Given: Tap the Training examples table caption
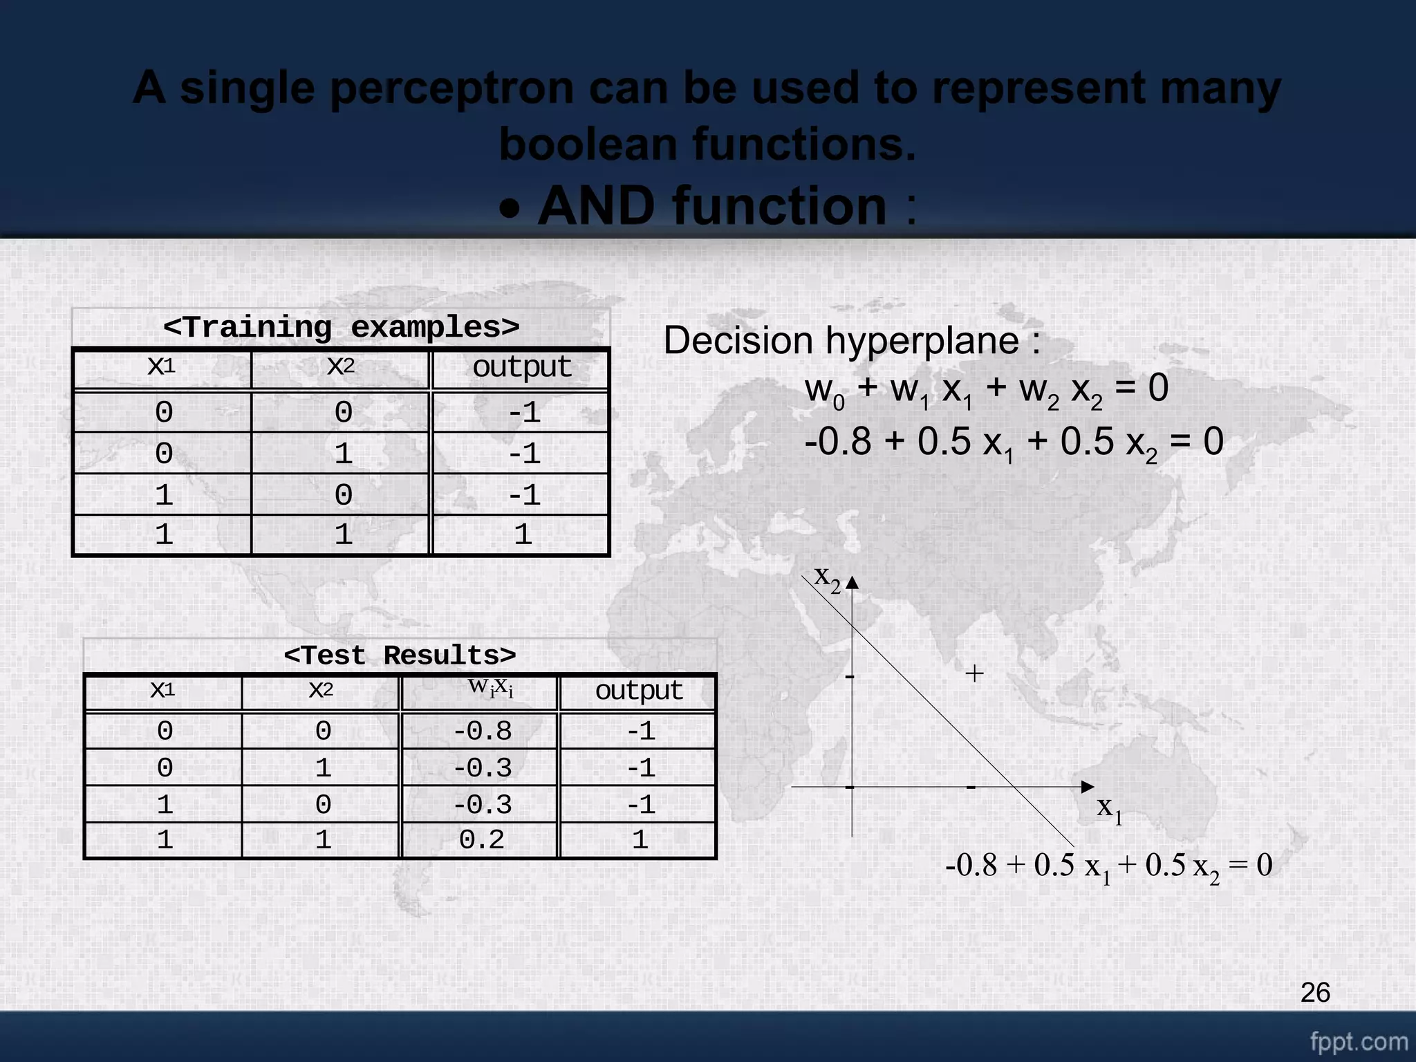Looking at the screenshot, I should (341, 327).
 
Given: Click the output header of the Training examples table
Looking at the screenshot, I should (521, 368).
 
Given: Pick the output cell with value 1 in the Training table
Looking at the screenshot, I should (522, 534).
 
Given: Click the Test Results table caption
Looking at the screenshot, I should (400, 655).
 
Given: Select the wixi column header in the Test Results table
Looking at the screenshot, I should (490, 687).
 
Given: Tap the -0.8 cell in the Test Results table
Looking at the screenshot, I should (482, 731).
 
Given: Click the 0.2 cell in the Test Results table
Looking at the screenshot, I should (481, 839).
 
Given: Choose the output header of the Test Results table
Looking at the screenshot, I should (639, 691).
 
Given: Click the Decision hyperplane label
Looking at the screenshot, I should (852, 341).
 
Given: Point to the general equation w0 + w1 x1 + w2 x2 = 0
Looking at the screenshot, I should (986, 389).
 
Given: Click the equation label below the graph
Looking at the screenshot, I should (1108, 866).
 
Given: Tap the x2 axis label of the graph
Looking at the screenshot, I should (827, 578).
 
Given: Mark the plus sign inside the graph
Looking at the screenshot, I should (974, 673).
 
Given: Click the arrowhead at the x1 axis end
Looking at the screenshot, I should (1087, 787).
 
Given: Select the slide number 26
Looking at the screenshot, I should (1315, 993).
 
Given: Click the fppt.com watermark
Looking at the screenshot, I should (1359, 1041).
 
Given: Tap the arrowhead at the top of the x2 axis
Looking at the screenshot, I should (852, 583).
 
